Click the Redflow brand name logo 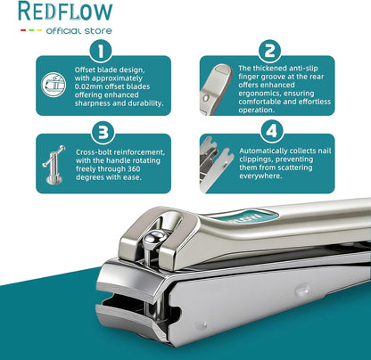click(x=65, y=12)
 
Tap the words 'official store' click(x=79, y=31)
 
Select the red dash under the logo click(x=23, y=30)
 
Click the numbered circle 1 click(x=101, y=51)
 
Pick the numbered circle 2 click(x=270, y=51)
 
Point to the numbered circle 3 click(x=103, y=133)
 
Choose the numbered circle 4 click(x=272, y=131)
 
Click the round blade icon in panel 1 click(x=54, y=85)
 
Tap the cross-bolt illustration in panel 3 click(x=54, y=165)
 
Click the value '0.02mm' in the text click(x=87, y=86)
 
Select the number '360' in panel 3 click(x=134, y=168)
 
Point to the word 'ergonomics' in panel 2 click(x=260, y=94)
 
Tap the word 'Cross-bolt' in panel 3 click(x=94, y=152)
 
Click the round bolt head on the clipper click(x=154, y=237)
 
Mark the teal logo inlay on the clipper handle click(x=247, y=217)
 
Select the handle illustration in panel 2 click(x=216, y=89)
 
